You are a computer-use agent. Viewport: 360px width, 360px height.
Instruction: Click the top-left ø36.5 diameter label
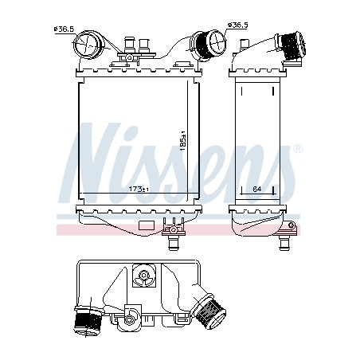pos(64,29)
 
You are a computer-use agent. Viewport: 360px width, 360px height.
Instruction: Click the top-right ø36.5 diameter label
pos(237,25)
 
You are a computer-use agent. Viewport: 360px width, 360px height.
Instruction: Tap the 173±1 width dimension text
pos(139,189)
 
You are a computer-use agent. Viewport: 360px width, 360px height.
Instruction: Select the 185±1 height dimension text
pos(183,141)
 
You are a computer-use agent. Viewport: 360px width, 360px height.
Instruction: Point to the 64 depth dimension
pos(257,189)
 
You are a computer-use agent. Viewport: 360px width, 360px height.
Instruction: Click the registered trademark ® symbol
pos(298,149)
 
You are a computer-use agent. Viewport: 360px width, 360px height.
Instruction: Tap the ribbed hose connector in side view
pos(292,45)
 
